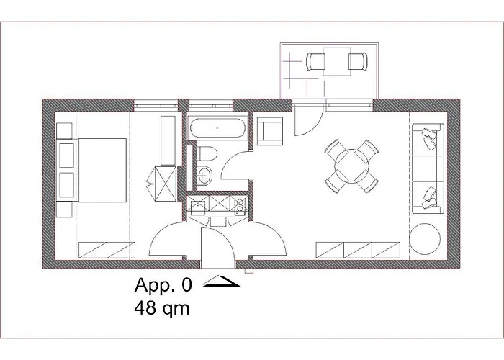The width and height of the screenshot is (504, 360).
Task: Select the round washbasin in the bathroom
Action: pos(206,174)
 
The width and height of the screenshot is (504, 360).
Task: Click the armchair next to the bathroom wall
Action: pos(270,130)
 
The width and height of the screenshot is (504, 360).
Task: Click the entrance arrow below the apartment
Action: pos(222,282)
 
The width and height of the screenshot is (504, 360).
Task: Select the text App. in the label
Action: pos(153,287)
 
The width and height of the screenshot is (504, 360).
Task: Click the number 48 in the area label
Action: pos(144,310)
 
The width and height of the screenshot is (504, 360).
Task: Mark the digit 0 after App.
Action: pos(186,287)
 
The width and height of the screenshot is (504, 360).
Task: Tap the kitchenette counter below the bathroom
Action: pos(218,207)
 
